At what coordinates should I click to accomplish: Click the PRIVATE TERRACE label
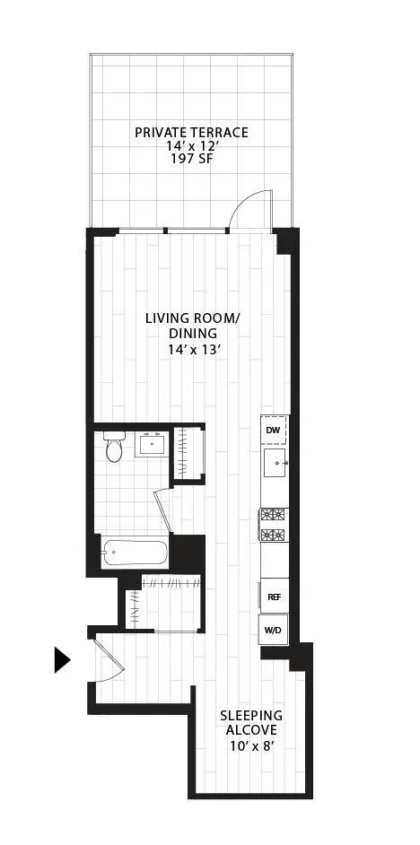click(x=191, y=132)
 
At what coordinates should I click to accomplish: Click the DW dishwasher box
click(x=274, y=430)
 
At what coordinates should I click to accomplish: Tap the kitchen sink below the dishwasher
click(x=274, y=465)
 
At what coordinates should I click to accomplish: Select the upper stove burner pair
click(x=273, y=515)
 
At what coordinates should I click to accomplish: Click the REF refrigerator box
click(x=273, y=596)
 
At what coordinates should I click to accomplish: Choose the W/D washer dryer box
click(x=273, y=630)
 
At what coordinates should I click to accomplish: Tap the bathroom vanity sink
click(x=152, y=444)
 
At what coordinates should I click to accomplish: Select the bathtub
click(x=135, y=553)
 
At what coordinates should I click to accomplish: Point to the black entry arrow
click(x=61, y=659)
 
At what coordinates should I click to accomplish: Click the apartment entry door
click(x=109, y=665)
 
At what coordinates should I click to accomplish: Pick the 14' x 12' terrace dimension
click(x=191, y=146)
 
